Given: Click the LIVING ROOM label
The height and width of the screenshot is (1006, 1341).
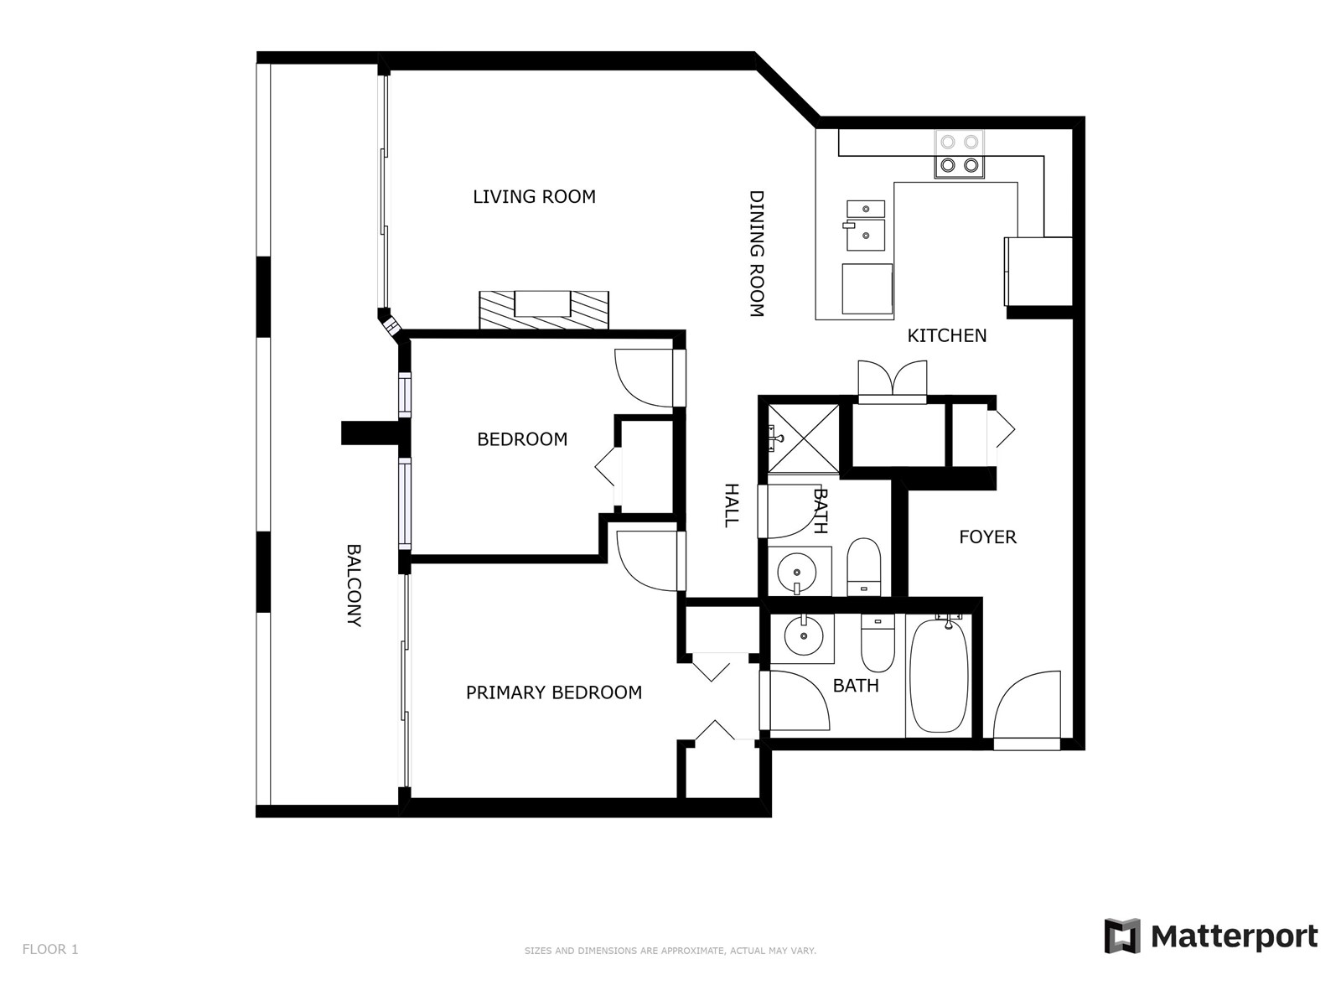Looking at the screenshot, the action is coord(534,197).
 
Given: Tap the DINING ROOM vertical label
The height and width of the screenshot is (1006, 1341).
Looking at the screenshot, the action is coord(756,253).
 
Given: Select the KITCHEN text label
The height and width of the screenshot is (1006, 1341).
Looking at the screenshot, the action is coord(946,335).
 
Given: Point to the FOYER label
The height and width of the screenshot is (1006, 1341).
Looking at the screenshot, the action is coord(987,537).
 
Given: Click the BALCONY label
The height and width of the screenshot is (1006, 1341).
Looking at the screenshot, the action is coord(354,586).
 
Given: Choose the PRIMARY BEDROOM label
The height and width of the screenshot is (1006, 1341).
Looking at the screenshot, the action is coord(553,692).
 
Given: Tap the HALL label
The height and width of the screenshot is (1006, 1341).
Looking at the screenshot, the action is coord(732,506).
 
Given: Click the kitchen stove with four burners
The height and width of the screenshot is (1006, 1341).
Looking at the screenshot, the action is coord(959,154).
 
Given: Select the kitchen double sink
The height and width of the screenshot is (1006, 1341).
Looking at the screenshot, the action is coord(866,226).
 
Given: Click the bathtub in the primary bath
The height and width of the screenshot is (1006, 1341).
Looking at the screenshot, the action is coord(939,675).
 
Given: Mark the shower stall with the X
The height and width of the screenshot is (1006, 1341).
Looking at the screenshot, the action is coord(804,438).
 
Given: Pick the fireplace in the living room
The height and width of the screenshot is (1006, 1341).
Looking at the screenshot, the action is coord(544,310).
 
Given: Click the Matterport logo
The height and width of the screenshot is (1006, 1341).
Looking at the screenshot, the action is coord(1211,936).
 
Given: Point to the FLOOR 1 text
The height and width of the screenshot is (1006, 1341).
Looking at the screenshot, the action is coord(50,949).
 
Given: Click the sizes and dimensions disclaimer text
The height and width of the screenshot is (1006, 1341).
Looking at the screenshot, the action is coord(670,951).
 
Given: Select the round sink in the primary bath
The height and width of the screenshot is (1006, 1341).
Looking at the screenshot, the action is coord(803,635).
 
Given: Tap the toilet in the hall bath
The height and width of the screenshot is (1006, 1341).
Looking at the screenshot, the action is coord(864,567).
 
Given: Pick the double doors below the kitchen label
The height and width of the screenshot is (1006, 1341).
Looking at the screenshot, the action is coord(892,381).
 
